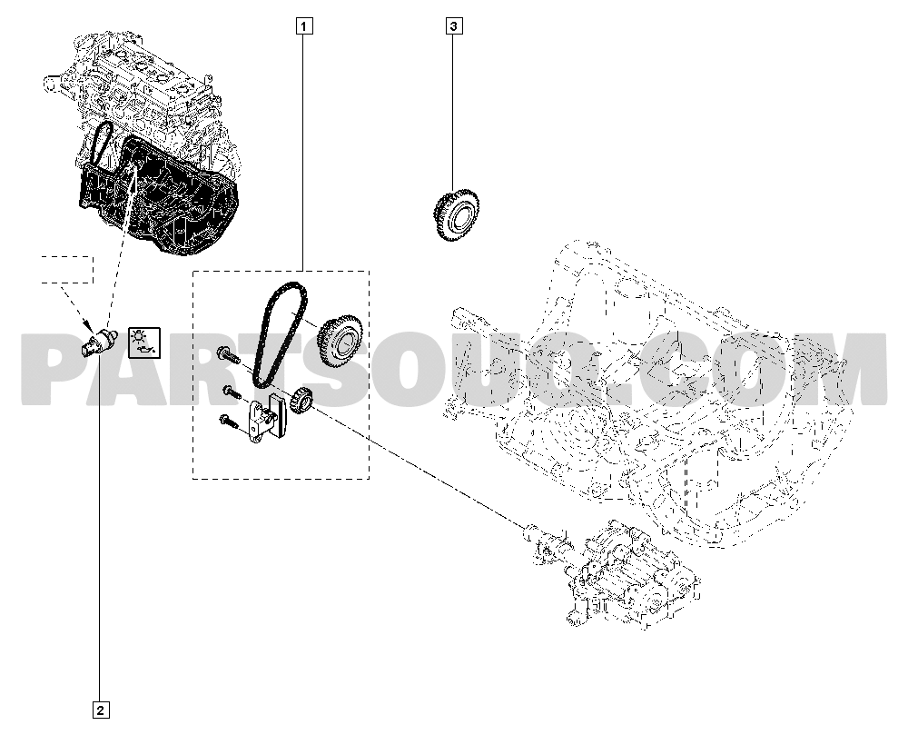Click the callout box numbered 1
coord(304,26)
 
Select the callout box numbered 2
coord(100,710)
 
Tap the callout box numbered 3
coord(454,26)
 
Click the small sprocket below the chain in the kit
coord(301,401)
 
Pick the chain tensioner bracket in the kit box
coord(264,417)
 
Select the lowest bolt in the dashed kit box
coord(228,422)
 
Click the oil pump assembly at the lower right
coord(614,573)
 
